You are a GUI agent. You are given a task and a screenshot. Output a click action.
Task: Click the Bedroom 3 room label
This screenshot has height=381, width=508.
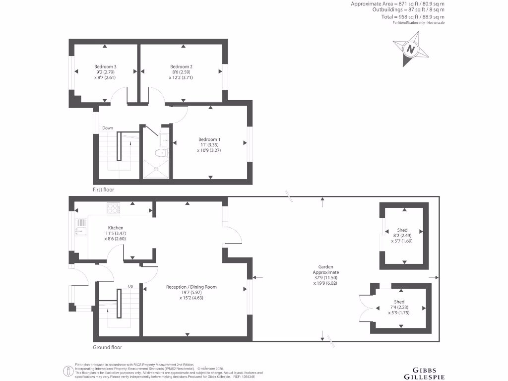click(x=105, y=66)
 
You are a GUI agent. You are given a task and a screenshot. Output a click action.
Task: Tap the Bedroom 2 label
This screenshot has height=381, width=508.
click(x=181, y=66)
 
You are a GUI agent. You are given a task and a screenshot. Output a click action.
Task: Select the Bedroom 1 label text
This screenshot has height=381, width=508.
click(x=209, y=139)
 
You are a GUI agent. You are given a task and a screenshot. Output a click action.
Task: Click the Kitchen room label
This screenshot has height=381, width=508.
click(x=116, y=228)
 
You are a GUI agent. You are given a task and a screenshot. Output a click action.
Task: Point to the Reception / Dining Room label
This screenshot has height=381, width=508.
click(x=191, y=287)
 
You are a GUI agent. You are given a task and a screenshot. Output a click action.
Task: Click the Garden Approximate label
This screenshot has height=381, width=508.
click(x=326, y=269)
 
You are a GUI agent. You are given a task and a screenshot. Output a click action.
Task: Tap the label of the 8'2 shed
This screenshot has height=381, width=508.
click(x=402, y=230)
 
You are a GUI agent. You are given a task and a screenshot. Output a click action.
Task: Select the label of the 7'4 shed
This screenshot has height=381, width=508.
click(x=399, y=302)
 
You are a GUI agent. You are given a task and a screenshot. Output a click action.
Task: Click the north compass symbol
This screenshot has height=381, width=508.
click(x=410, y=49)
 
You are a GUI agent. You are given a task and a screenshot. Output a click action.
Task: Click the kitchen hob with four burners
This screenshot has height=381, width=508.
click(x=113, y=208)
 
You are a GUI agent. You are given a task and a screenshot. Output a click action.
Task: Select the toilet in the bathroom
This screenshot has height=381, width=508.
click(x=160, y=153)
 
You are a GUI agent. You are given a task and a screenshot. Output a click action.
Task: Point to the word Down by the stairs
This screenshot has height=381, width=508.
click(x=108, y=128)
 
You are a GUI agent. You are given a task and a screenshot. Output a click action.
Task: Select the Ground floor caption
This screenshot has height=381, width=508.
click(x=107, y=347)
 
